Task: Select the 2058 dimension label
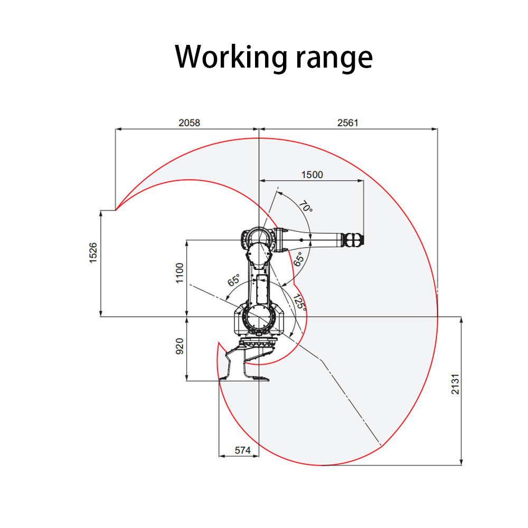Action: [189, 123]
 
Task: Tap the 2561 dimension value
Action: [348, 123]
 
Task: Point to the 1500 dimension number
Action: [312, 175]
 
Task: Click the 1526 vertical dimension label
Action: [93, 253]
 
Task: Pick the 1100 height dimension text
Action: [180, 273]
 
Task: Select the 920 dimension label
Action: [180, 346]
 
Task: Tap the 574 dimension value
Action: [242, 450]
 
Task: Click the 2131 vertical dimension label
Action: [455, 384]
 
